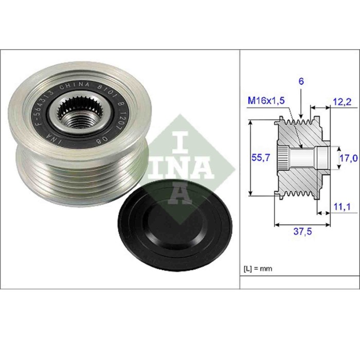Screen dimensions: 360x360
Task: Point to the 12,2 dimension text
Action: point(341,102)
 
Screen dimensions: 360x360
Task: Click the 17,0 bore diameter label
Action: point(348,158)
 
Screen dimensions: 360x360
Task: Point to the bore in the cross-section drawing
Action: point(303,157)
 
